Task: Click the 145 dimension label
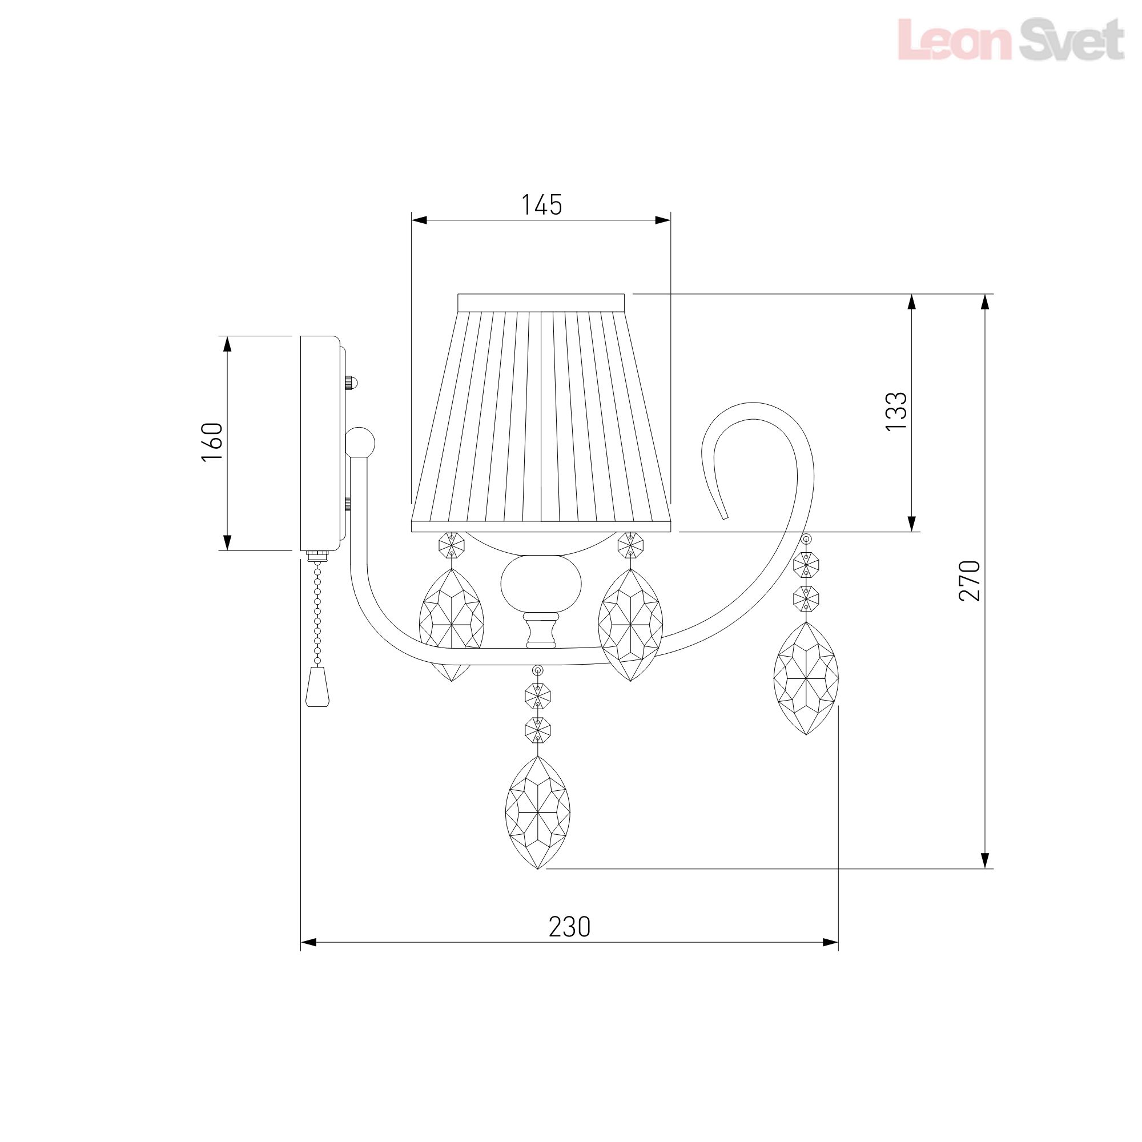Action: point(541,204)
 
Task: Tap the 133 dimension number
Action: point(896,411)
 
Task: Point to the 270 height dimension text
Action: point(970,581)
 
